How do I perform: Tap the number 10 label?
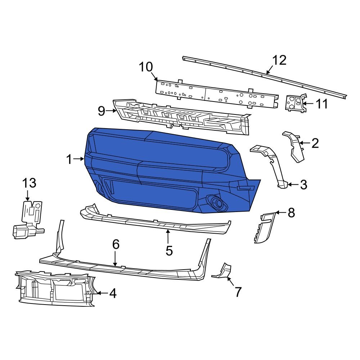click(146, 67)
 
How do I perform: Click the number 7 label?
click(238, 292)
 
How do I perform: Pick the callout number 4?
click(112, 294)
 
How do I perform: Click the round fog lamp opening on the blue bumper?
click(217, 202)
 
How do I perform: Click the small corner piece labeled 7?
click(222, 271)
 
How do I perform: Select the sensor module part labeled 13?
click(28, 220)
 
